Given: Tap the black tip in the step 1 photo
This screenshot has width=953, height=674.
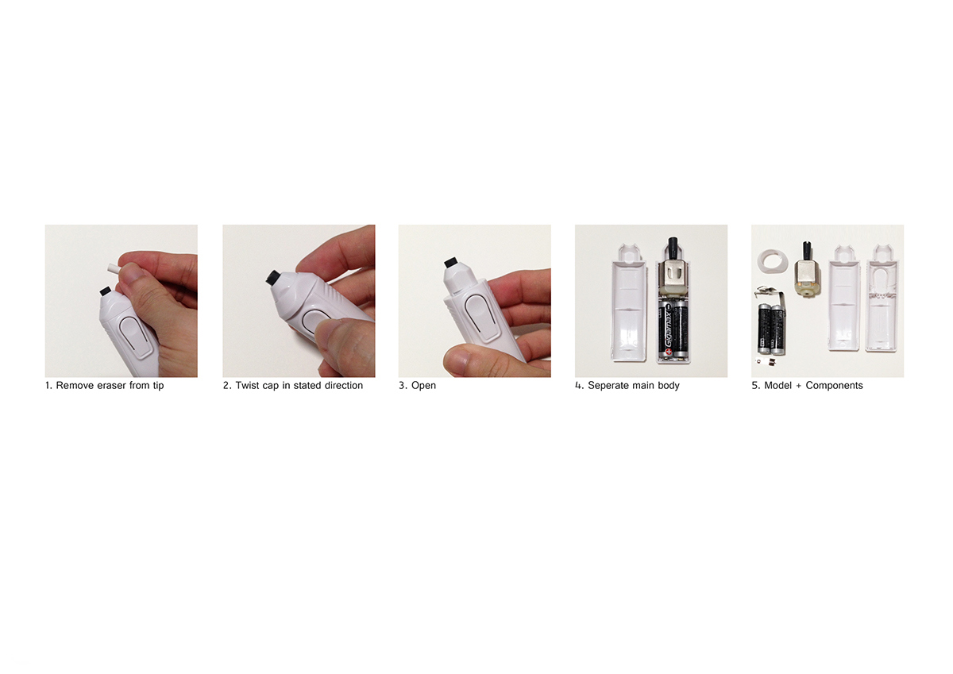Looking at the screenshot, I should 105,291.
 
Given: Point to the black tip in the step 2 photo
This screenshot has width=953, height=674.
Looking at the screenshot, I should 272,278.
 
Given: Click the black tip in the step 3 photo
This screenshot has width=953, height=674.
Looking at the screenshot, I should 449,262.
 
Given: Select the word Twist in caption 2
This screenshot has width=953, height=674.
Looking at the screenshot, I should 248,386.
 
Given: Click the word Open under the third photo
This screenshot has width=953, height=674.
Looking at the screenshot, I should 423,387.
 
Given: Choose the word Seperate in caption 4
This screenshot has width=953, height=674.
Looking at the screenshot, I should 613,387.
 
